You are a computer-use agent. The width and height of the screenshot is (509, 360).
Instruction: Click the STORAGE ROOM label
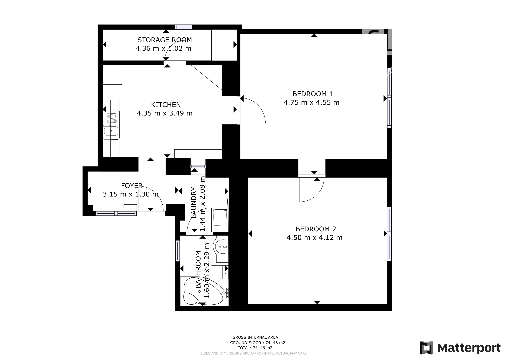tap(165, 40)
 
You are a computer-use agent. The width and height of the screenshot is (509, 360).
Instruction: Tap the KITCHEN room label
tap(166, 105)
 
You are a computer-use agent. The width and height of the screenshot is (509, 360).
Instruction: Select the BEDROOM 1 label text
tap(312, 94)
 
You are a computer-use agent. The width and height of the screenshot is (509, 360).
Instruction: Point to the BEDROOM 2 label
tap(316, 229)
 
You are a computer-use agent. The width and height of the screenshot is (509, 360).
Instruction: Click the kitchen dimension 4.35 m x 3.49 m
tap(165, 113)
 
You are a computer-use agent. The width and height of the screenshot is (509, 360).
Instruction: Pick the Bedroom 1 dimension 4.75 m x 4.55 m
tap(311, 103)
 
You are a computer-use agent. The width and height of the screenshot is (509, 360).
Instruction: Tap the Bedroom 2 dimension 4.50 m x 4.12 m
tap(314, 237)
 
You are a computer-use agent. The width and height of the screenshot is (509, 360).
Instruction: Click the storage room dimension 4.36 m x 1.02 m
tap(163, 48)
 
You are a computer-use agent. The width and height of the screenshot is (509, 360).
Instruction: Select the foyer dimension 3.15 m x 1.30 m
tap(131, 194)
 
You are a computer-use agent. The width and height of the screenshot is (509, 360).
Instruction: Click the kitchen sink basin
tap(111, 131)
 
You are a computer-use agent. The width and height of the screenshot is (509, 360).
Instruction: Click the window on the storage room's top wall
tap(183, 27)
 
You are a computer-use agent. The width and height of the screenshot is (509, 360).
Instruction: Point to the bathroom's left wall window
tap(178, 251)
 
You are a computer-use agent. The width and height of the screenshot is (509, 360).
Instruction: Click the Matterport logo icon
tap(426, 347)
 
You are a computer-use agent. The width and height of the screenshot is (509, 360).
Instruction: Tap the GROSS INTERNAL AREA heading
tap(255, 337)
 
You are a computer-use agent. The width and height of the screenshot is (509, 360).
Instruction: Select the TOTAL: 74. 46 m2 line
tap(255, 348)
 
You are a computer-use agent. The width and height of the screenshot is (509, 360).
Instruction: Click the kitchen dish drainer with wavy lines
tap(112, 118)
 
